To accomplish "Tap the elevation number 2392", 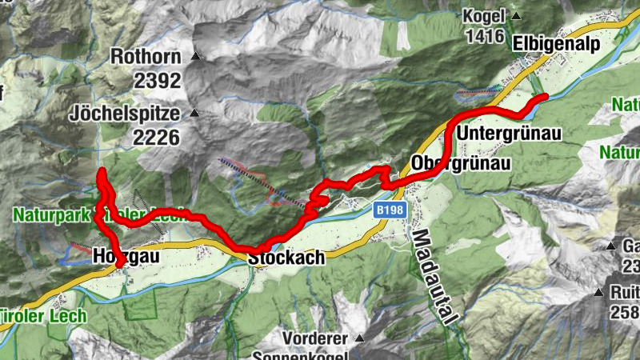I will [x=157, y=81].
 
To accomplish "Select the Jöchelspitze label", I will [x=125, y=113].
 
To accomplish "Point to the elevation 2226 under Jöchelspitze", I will [x=157, y=137].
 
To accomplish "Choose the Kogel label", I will [x=483, y=16].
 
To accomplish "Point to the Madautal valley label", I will [x=434, y=277].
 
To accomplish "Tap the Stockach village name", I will [x=286, y=258].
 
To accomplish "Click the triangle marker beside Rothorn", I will [x=194, y=57].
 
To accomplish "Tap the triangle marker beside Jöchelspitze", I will [x=192, y=113].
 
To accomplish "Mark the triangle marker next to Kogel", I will [x=517, y=16].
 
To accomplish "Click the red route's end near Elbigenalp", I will [x=545, y=97].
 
